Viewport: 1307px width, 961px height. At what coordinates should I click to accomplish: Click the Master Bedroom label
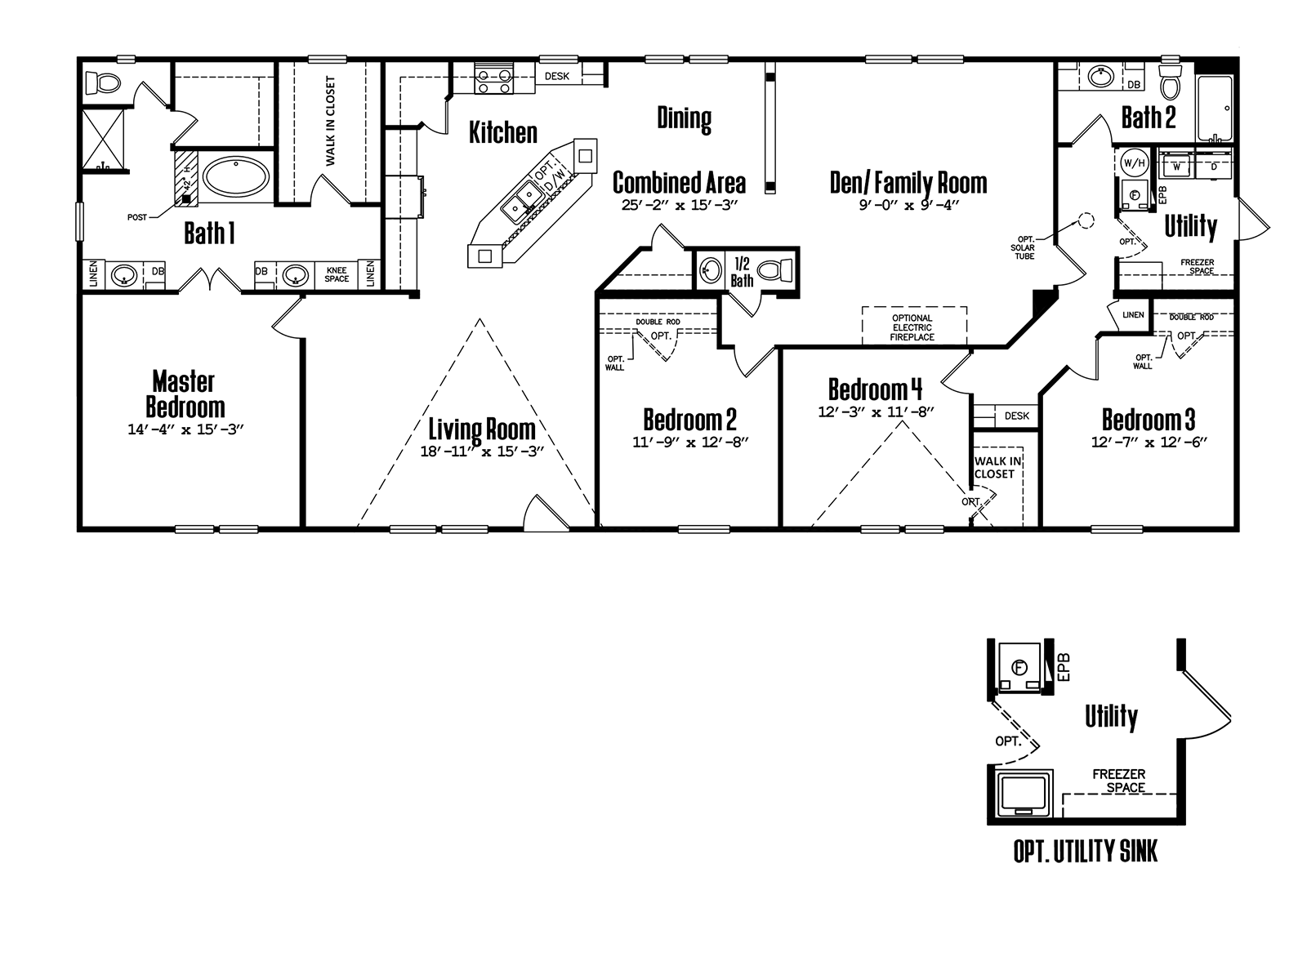click(x=185, y=395)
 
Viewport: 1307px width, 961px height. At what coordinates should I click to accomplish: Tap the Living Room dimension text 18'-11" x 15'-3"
click(x=482, y=452)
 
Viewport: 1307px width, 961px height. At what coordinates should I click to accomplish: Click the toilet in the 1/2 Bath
click(x=775, y=270)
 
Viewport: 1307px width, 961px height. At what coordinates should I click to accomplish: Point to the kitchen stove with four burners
click(x=493, y=81)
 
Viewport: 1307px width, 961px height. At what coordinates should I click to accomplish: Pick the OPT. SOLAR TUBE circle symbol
click(x=1086, y=221)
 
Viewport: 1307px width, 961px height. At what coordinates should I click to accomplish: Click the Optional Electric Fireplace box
click(x=914, y=326)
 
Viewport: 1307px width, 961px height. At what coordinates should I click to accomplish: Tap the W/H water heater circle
click(x=1134, y=164)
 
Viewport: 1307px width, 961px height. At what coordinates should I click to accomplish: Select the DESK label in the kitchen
click(x=556, y=77)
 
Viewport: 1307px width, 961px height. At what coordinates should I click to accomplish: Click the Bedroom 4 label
click(x=875, y=389)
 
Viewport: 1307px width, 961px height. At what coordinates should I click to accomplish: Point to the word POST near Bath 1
click(x=137, y=217)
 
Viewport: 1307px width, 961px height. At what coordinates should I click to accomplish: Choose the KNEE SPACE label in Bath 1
click(x=337, y=274)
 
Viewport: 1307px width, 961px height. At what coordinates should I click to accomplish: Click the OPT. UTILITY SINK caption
click(x=1086, y=852)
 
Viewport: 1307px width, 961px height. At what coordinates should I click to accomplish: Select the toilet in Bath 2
click(x=1170, y=82)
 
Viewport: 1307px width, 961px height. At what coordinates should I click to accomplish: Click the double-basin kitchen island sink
click(x=522, y=202)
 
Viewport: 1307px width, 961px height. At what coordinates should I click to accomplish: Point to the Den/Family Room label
click(x=908, y=183)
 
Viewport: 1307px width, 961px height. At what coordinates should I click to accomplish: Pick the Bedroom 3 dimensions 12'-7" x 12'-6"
click(x=1149, y=443)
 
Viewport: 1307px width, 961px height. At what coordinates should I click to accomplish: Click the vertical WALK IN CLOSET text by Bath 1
click(x=331, y=121)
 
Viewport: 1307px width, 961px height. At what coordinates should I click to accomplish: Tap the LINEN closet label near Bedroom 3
click(x=1133, y=315)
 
